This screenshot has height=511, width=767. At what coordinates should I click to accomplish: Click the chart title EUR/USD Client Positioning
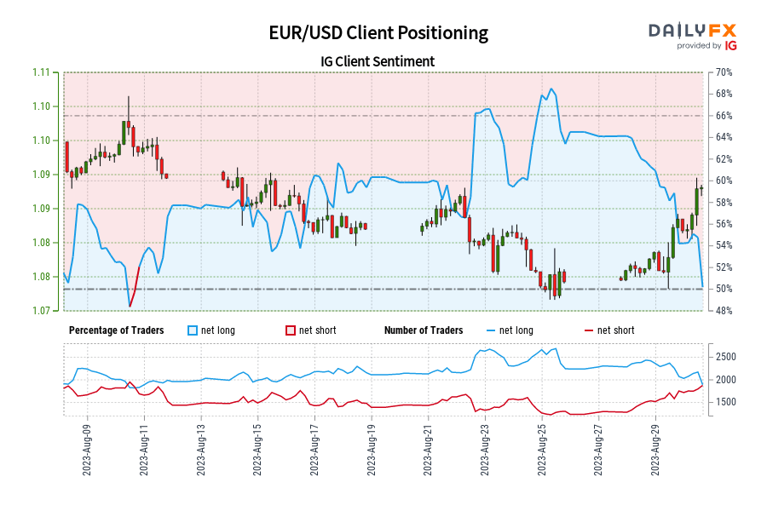click(x=378, y=33)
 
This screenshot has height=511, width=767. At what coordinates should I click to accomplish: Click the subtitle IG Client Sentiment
click(x=378, y=61)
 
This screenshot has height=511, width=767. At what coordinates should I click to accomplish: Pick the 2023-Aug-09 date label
click(x=88, y=446)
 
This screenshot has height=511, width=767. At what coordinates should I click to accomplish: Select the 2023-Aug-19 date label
click(x=372, y=446)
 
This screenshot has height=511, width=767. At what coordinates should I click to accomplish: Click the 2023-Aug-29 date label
click(x=657, y=446)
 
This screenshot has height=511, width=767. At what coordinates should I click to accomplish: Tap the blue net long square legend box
click(x=193, y=330)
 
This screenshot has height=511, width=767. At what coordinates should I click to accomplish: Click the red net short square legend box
click(x=290, y=330)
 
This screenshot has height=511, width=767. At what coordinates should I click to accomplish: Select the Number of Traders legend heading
click(x=424, y=330)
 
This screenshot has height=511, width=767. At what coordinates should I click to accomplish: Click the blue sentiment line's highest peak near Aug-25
click(x=552, y=89)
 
